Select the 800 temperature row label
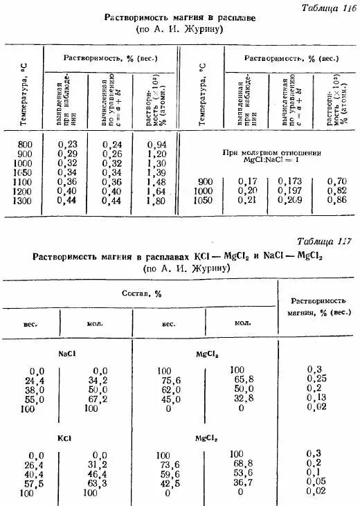click(x=25, y=143)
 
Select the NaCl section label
click(x=67, y=353)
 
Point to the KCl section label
click(x=66, y=438)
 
